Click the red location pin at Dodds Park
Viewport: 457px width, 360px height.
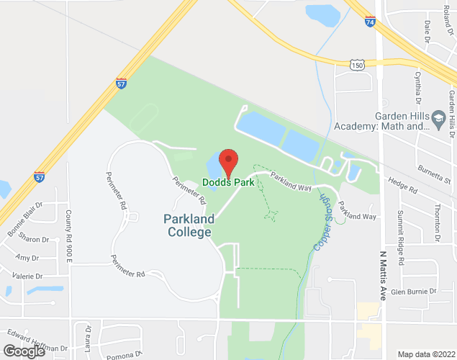228,162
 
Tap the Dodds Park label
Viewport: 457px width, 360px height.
227,181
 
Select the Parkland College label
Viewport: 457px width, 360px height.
187,225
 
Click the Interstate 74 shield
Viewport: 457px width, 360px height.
370,22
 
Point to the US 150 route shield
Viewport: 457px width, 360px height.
358,65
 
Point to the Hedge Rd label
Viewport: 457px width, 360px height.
402,187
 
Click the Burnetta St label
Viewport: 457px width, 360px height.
436,173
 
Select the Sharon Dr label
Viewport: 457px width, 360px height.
33,239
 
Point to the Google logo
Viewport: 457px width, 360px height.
24,351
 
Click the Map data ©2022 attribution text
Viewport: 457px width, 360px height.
426,354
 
